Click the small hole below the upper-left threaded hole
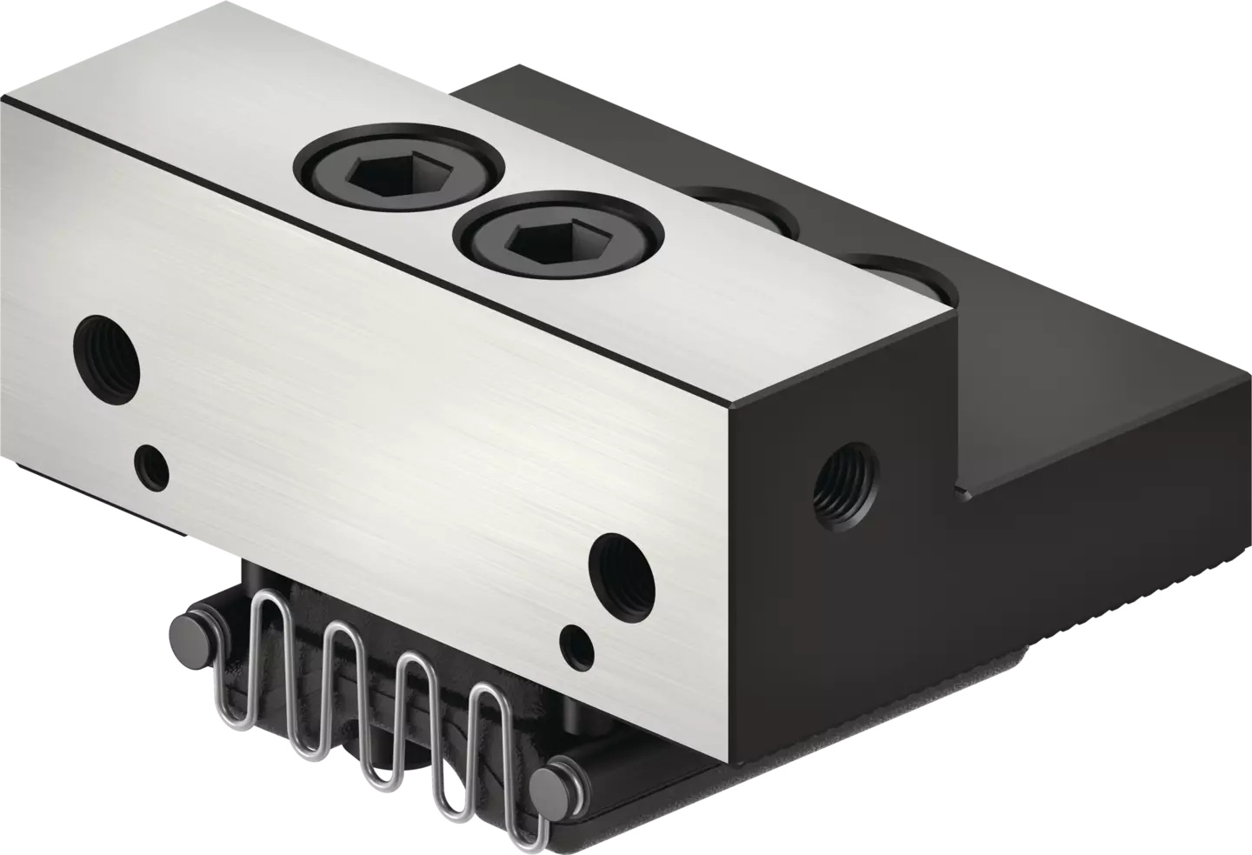point(153,467)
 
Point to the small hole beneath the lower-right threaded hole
point(576,645)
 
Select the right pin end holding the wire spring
point(554,780)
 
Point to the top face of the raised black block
point(696,130)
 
